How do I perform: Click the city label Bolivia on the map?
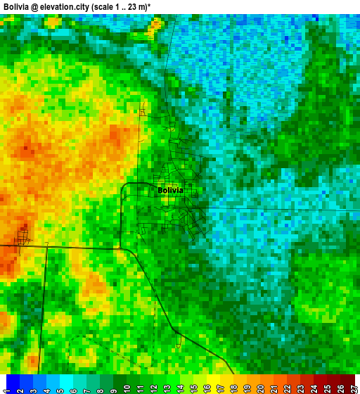point(170,191)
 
